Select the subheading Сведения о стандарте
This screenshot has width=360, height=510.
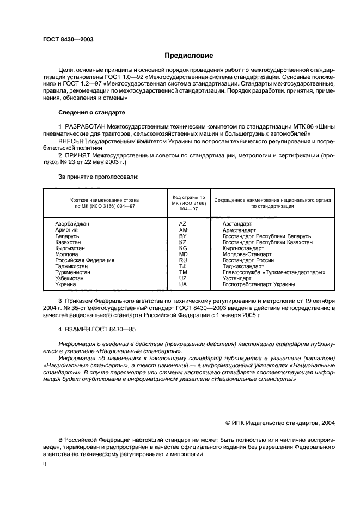(92, 112)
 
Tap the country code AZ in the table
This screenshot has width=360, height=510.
(183, 224)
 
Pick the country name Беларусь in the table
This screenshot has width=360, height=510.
(68, 236)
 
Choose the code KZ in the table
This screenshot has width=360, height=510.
(183, 242)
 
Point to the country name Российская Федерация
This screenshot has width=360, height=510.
(85, 260)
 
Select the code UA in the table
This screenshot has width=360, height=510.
(183, 284)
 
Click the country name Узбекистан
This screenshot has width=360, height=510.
(71, 278)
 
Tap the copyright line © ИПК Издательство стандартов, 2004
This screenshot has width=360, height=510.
(280, 422)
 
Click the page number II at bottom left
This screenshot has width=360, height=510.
(46, 464)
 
